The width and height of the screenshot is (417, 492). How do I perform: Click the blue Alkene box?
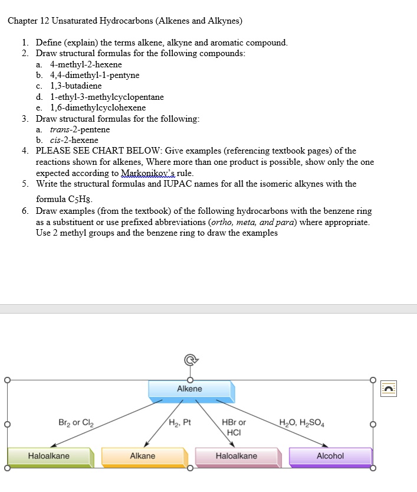pos(190,389)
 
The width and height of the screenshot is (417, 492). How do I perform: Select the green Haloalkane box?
pos(49,456)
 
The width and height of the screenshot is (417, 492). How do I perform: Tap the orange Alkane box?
pos(143,456)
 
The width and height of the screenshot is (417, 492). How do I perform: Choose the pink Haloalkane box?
pos(237,456)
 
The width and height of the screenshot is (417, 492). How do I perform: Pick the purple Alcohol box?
pos(330,456)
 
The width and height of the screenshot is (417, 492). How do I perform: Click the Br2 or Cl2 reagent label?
pos(76,423)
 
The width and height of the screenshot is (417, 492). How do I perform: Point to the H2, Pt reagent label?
pos(180,422)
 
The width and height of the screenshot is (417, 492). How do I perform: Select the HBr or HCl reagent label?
pos(234,427)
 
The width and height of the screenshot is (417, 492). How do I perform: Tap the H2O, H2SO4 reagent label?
pos(302,422)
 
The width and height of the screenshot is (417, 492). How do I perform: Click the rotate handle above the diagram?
pos(189,359)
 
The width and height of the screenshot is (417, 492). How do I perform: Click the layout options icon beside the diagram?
pos(388,388)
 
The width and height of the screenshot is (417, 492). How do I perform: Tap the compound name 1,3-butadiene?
pos(75,86)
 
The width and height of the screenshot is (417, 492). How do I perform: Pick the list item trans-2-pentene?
pos(80,129)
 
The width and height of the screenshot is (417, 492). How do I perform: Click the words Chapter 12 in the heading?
pos(28,21)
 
